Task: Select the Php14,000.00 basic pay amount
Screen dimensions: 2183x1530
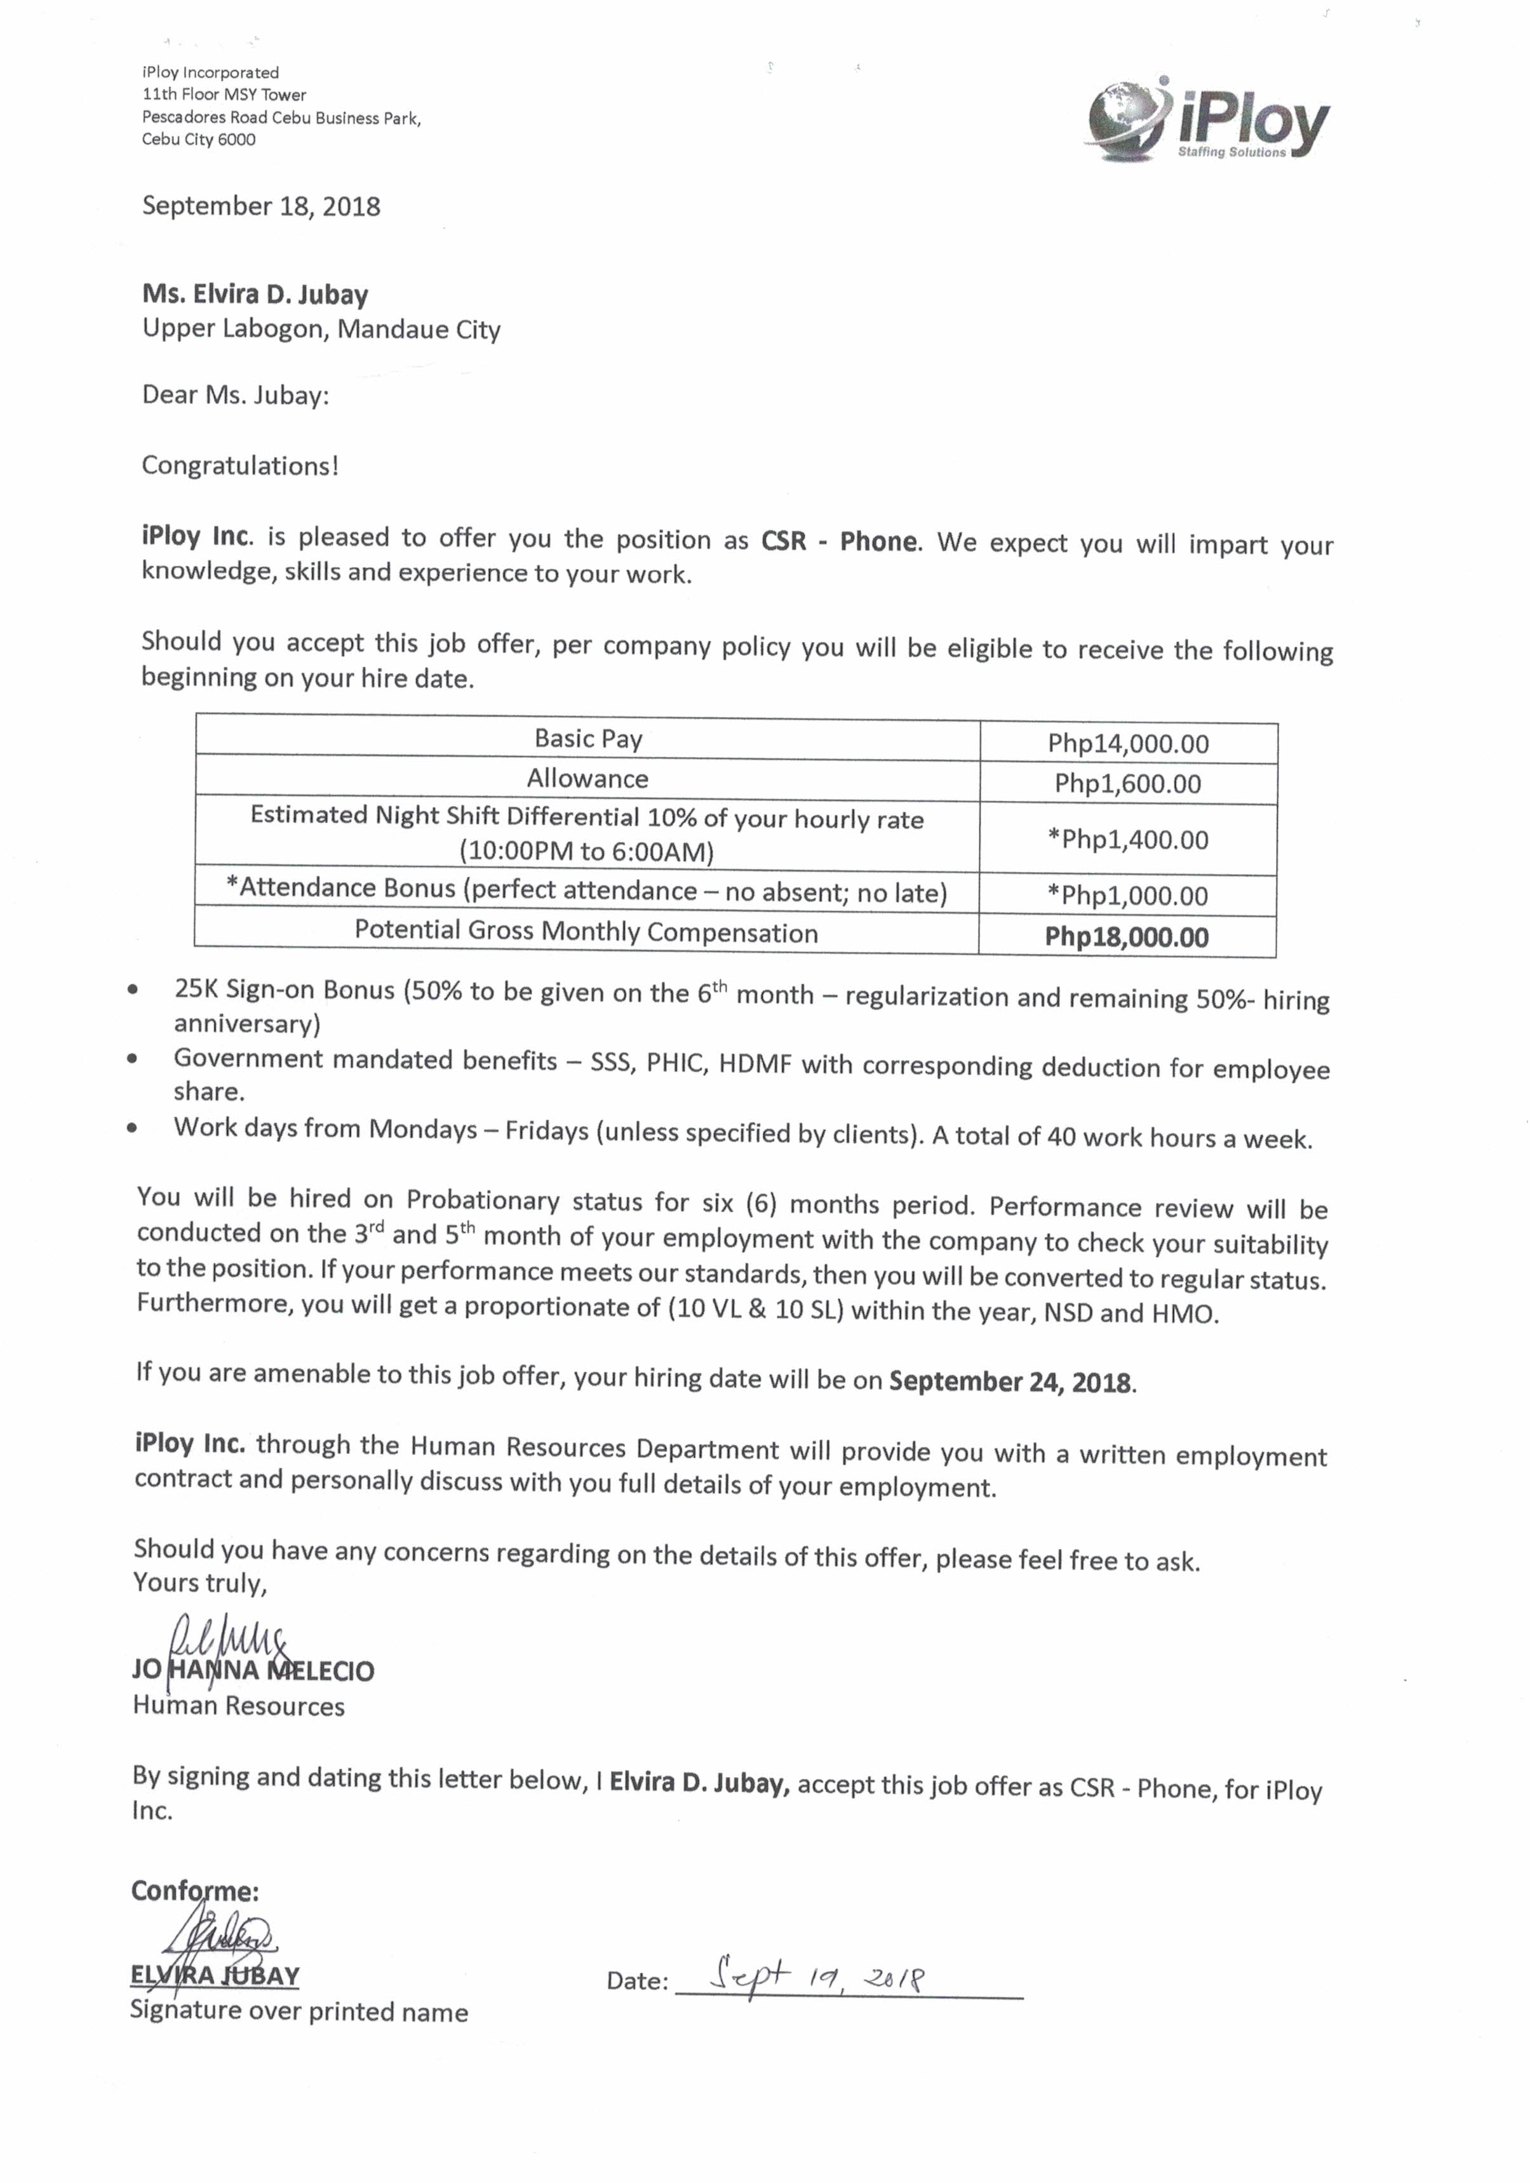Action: pyautogui.click(x=1128, y=744)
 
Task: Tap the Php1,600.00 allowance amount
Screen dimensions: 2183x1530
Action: pyautogui.click(x=1128, y=784)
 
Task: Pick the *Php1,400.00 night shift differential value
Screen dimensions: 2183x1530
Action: pyautogui.click(x=1128, y=840)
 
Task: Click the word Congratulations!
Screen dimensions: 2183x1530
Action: pyautogui.click(x=239, y=466)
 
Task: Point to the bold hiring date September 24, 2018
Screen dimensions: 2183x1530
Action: pyautogui.click(x=1012, y=1381)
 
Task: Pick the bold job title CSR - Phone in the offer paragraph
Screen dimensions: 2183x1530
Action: pyautogui.click(x=840, y=542)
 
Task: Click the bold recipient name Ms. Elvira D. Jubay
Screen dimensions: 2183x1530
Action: pyautogui.click(x=255, y=295)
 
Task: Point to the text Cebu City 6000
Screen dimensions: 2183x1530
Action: pyautogui.click(x=199, y=140)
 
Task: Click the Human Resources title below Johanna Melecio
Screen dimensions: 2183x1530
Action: pyautogui.click(x=239, y=1707)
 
